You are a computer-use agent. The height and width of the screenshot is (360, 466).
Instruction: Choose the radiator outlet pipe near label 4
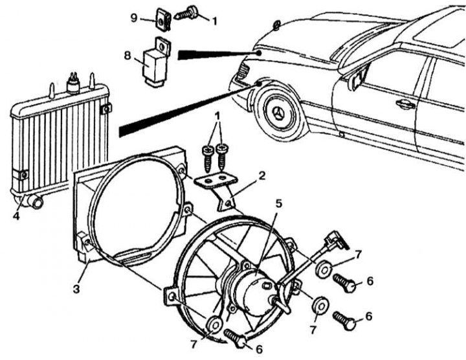pos(37,203)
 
